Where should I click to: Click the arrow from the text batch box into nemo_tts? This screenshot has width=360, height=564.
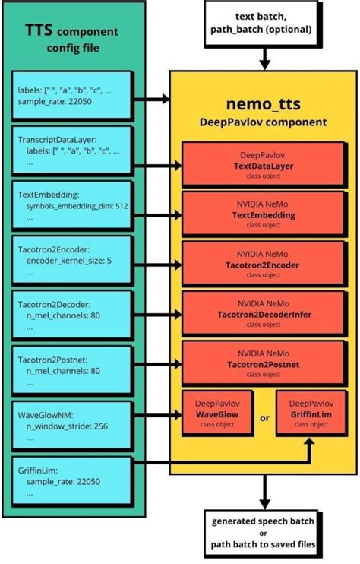pos(264,57)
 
